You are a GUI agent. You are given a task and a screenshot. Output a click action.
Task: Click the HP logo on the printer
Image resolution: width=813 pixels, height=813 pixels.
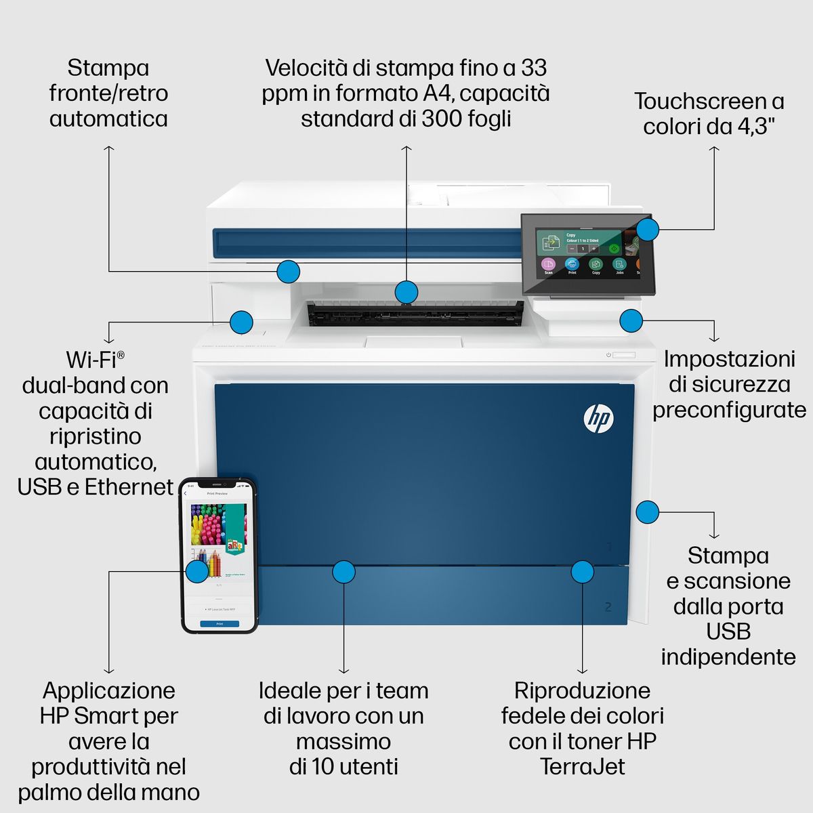click(598, 418)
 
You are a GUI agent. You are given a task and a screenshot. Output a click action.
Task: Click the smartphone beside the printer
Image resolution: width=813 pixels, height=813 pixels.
click(219, 556)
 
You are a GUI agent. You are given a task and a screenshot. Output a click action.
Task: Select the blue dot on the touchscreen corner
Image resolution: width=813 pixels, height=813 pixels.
click(648, 229)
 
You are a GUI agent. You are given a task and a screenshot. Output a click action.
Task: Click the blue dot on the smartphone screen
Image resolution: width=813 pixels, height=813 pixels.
click(197, 571)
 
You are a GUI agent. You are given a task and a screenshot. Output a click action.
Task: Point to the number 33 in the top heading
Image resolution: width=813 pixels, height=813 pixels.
click(534, 68)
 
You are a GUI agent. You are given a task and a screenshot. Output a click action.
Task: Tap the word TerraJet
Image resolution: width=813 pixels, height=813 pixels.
click(582, 767)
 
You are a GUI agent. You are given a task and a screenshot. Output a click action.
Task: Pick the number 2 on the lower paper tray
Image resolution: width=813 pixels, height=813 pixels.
click(608, 606)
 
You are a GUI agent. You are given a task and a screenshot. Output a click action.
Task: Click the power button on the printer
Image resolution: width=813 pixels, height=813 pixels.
click(609, 354)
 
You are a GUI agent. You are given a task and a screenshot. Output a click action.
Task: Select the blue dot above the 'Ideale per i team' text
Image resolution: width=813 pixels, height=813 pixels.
click(343, 572)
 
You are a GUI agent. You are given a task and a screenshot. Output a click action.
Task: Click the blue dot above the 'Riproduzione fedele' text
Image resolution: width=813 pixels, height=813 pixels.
click(582, 572)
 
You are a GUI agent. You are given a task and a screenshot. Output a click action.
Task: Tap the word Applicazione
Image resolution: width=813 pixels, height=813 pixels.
click(108, 690)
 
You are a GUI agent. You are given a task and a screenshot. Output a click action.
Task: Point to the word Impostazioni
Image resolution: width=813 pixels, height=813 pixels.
click(729, 359)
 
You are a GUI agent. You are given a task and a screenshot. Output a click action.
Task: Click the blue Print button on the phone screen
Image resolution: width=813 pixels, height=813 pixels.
click(220, 623)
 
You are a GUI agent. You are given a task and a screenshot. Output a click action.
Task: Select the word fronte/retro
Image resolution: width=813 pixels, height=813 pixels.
click(108, 93)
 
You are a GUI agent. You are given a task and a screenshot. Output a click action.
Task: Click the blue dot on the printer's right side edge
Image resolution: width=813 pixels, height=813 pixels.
click(648, 512)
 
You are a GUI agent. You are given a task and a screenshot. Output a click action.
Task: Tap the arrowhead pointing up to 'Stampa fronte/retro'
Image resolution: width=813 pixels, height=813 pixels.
click(108, 147)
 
